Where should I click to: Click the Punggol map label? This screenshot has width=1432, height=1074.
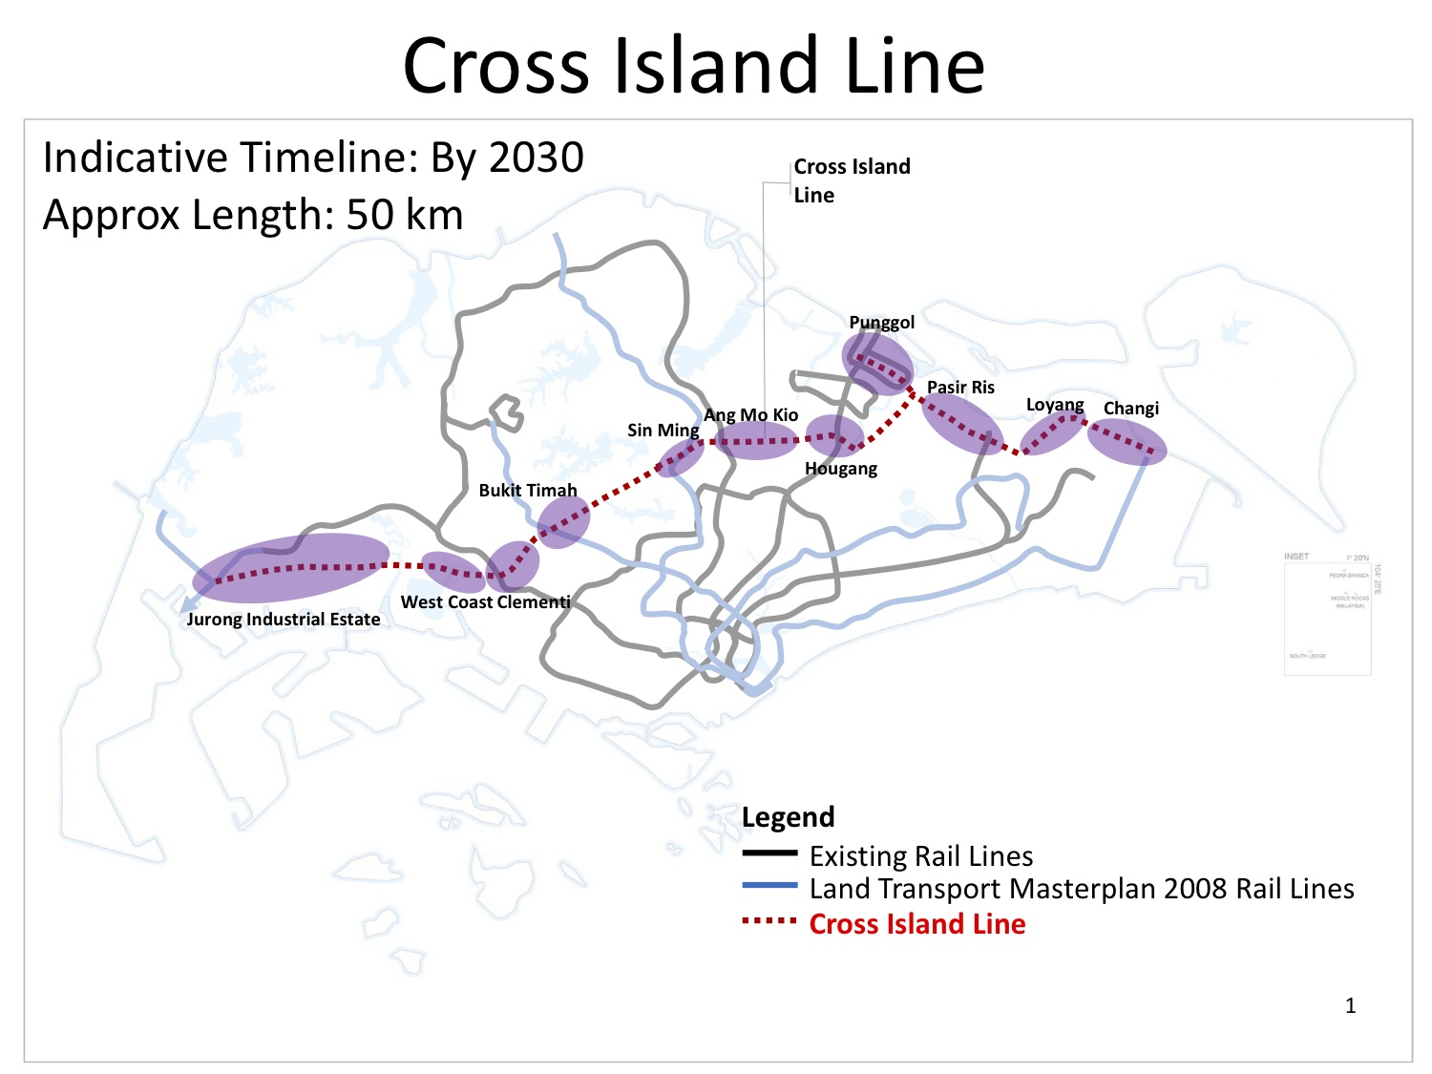click(881, 323)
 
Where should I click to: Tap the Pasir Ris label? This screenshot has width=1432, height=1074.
click(960, 388)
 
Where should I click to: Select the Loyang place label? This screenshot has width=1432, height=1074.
click(1054, 405)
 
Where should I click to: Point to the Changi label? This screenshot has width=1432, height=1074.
click(1130, 409)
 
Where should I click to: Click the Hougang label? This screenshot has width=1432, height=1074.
click(840, 469)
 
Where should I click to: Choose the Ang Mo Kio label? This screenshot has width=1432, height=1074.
click(750, 415)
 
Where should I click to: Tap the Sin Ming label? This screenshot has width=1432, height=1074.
click(663, 431)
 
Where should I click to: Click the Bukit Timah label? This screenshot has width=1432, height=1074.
click(528, 491)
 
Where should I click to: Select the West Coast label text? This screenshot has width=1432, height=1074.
click(448, 602)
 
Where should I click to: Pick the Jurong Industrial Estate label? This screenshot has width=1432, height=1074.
click(284, 620)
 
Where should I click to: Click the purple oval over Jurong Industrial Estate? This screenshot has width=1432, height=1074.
click(291, 568)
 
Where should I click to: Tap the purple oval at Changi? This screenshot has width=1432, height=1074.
click(1127, 442)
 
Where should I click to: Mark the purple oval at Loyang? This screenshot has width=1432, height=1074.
click(1052, 432)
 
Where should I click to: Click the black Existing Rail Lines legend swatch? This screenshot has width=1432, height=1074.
click(769, 853)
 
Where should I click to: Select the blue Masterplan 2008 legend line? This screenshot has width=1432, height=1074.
click(769, 886)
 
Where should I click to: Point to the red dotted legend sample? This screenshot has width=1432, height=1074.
click(769, 921)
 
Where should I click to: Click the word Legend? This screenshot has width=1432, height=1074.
click(788, 817)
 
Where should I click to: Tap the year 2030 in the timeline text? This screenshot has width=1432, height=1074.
click(537, 158)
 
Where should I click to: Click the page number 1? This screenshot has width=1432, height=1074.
click(1350, 1005)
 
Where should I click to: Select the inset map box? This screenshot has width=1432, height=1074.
click(1328, 613)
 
